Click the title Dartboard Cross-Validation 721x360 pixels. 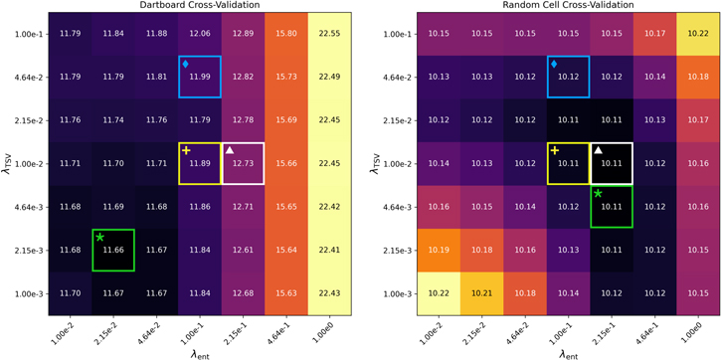198,7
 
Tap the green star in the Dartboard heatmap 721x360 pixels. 99,237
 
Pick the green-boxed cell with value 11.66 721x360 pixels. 112,250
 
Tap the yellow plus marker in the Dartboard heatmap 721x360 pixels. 185,150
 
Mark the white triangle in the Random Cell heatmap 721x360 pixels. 599,150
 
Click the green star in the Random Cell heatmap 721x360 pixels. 598,193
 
